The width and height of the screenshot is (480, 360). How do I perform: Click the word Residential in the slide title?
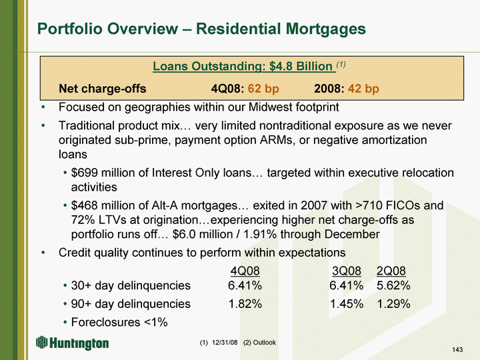coord(238,29)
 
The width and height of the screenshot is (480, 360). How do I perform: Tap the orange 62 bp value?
coord(263,89)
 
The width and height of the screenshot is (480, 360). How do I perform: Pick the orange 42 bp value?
coord(363,89)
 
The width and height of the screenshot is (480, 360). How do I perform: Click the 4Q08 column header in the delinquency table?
coord(245,271)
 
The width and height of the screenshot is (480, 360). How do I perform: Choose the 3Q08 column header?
coord(347,271)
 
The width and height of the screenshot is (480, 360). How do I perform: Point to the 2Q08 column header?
coord(391,271)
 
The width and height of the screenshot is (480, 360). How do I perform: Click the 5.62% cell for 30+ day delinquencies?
coord(393,285)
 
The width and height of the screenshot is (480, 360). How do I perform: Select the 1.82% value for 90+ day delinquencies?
coord(245,304)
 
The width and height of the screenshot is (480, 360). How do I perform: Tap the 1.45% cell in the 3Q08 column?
coord(347,304)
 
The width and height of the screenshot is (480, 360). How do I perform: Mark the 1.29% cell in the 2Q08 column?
coord(394,304)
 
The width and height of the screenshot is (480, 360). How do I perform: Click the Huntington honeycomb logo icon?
coord(41,342)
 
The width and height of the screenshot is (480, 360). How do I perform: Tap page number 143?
coord(457,349)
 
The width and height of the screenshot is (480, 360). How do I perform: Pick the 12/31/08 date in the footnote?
coord(225,342)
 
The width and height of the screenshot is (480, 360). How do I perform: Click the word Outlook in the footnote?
coord(264,342)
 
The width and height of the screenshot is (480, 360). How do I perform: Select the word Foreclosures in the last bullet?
coord(106,322)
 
